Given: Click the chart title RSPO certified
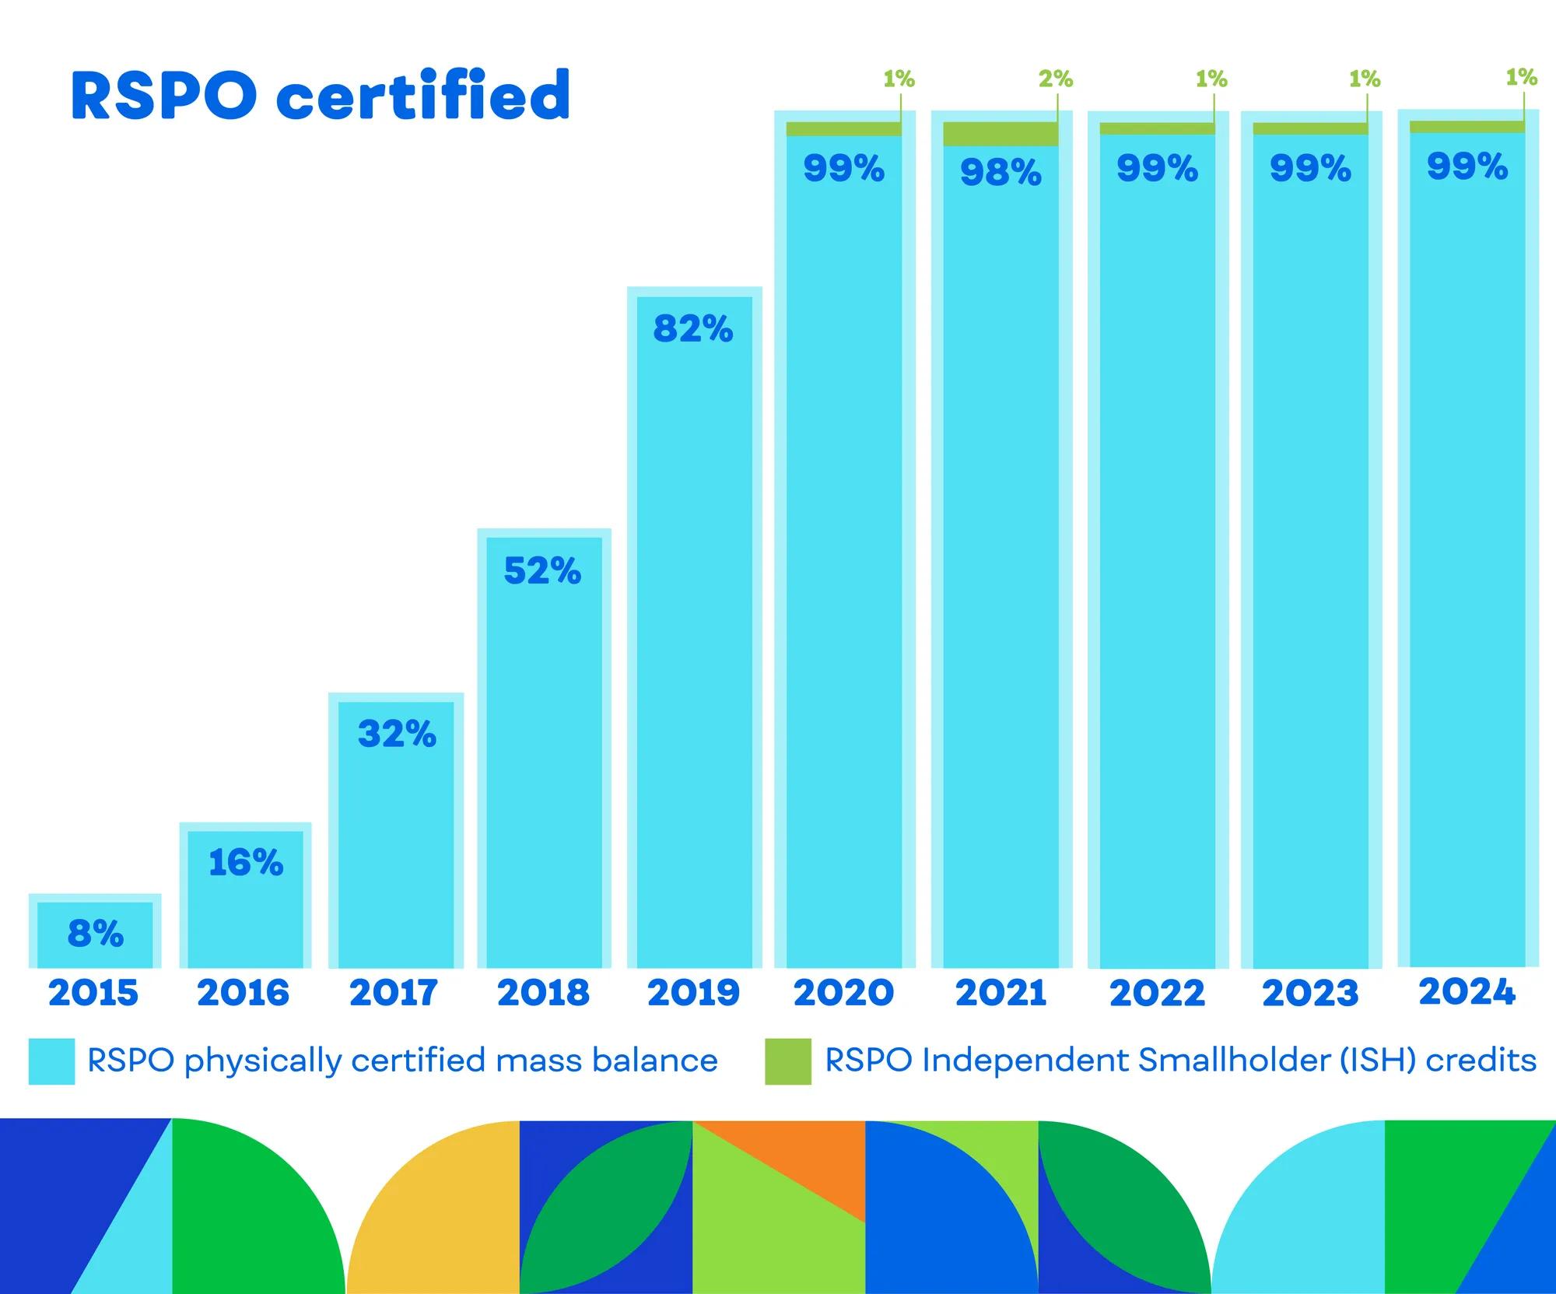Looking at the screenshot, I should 321,96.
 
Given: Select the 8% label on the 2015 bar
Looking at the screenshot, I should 96,933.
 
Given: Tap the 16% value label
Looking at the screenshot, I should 246,862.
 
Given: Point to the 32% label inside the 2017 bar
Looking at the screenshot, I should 397,734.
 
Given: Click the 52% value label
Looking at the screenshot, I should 542,571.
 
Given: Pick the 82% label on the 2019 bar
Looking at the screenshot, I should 692,328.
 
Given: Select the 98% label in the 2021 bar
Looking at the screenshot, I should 1001,172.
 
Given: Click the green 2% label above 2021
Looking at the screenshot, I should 1056,79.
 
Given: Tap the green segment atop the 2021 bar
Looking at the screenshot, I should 1000,134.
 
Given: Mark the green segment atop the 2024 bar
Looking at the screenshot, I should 1467,127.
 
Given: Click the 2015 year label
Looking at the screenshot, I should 93,993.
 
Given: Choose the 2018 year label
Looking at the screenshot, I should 543,993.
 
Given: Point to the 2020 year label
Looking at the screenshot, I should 843,993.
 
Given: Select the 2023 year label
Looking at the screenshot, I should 1310,993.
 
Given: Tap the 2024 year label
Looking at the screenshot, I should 1467,992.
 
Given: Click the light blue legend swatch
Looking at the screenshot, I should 51,1061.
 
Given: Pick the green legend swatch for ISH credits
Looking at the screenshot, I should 787,1061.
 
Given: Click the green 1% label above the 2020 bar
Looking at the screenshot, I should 899,79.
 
